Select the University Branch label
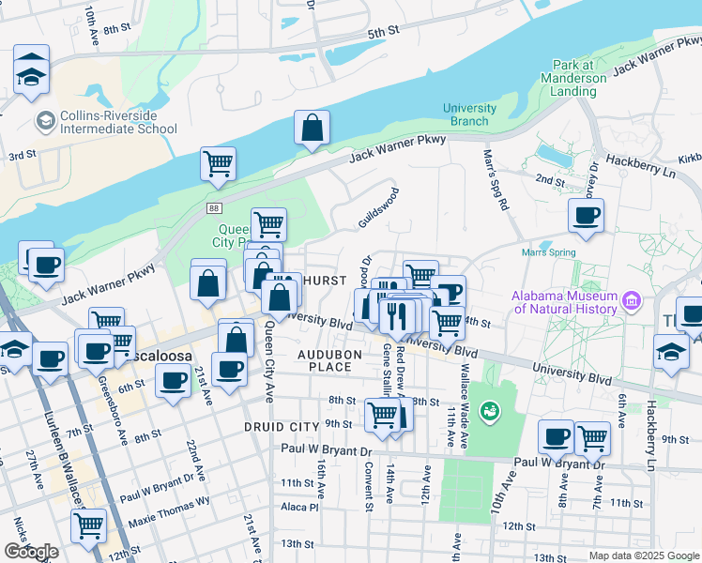click(x=469, y=114)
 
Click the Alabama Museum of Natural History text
click(x=566, y=303)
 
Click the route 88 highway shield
click(x=215, y=208)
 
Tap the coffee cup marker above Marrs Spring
click(x=587, y=217)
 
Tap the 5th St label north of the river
click(x=383, y=32)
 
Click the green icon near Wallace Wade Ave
click(x=488, y=410)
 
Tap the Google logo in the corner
click(x=31, y=552)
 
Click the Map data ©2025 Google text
click(x=644, y=555)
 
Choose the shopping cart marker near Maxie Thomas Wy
click(x=88, y=525)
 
